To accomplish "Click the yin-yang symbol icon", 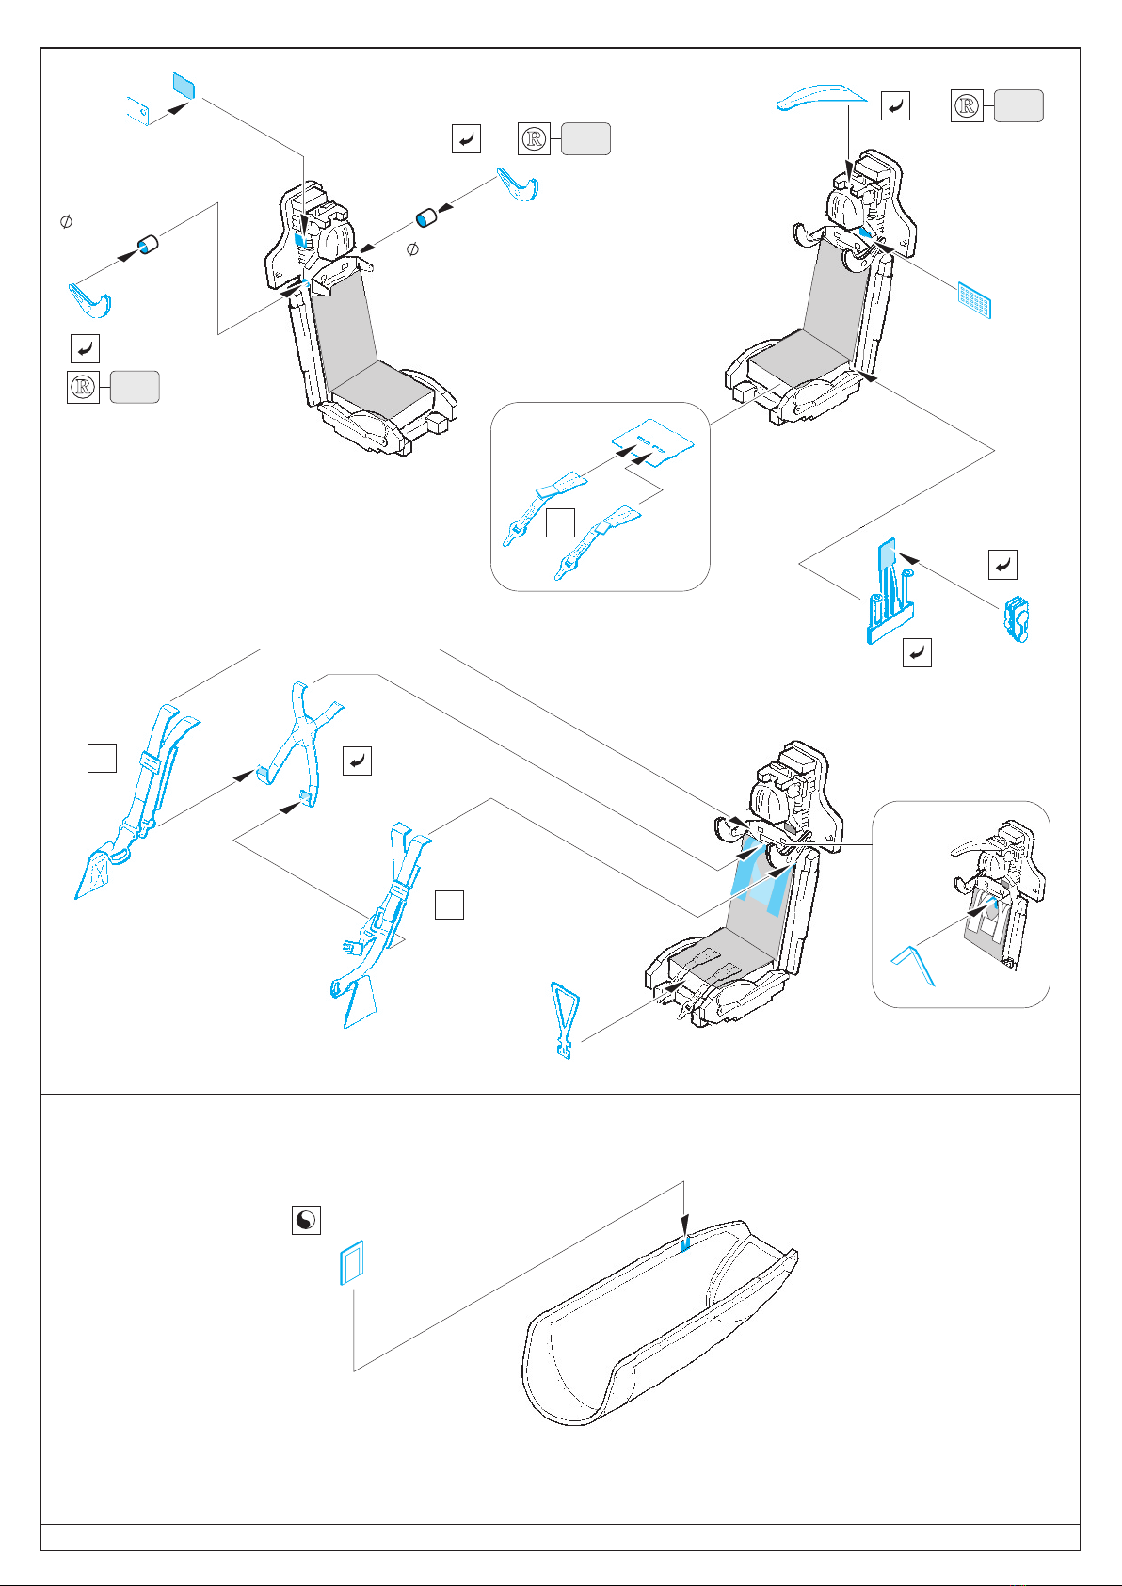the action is pyautogui.click(x=306, y=1221).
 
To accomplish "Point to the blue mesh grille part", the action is pyautogui.click(x=974, y=300).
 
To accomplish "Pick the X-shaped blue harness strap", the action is pyautogui.click(x=299, y=734).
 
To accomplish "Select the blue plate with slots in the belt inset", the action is pyautogui.click(x=652, y=441).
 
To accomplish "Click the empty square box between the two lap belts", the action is pyautogui.click(x=560, y=523).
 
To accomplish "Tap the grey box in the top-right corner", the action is pyautogui.click(x=1018, y=106).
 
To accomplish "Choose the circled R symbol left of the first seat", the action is pyautogui.click(x=83, y=388).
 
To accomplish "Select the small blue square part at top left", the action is pyautogui.click(x=184, y=86).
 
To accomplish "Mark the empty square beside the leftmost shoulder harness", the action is pyautogui.click(x=102, y=758).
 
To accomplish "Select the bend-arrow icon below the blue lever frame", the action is pyautogui.click(x=917, y=652).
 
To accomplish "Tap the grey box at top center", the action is pyautogui.click(x=585, y=139).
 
